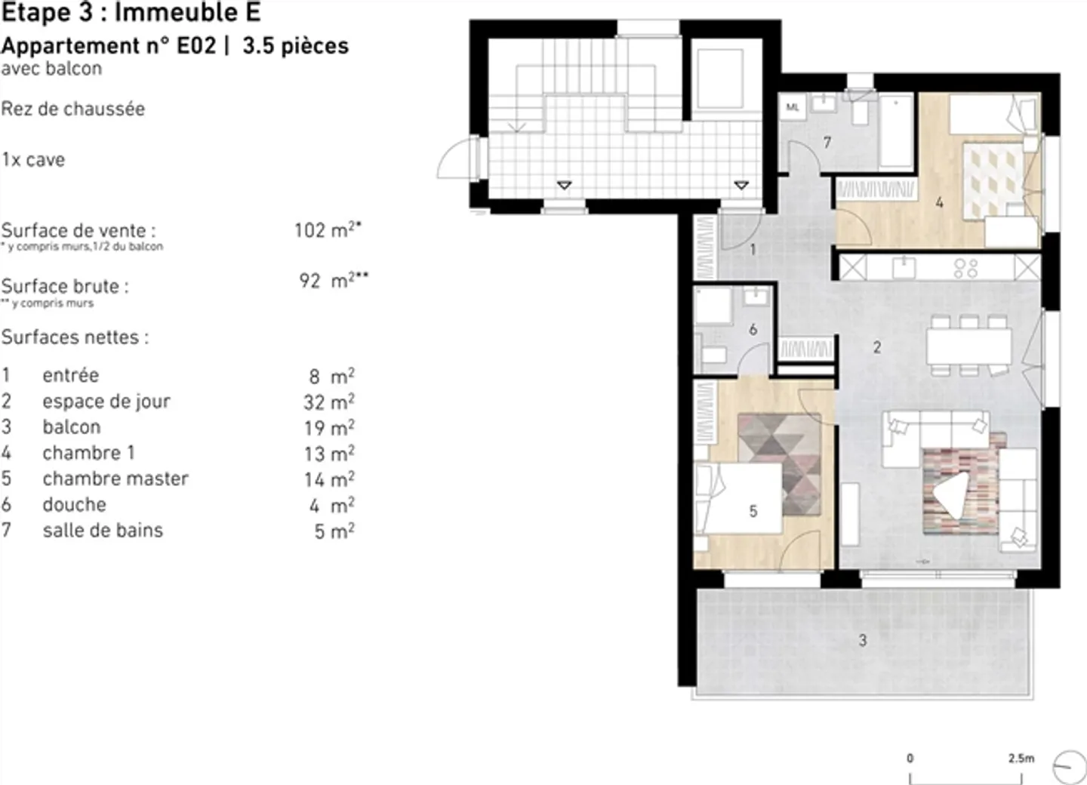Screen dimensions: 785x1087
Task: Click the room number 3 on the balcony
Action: coord(862,641)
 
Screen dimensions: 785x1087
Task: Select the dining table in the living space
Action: coord(969,346)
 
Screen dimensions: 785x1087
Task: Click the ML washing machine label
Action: coord(792,107)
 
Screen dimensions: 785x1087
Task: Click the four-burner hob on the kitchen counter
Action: coord(965,268)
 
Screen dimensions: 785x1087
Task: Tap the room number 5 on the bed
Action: coord(753,511)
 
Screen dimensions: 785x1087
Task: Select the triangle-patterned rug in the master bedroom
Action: coord(778,462)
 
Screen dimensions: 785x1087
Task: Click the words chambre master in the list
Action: coord(115,479)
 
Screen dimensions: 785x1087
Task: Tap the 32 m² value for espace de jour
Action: coord(328,402)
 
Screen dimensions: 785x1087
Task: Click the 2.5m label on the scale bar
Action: coord(1021,758)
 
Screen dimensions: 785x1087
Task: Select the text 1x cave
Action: coord(33,160)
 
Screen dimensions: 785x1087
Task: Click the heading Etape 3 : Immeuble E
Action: coord(131,12)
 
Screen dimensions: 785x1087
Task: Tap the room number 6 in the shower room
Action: coord(753,330)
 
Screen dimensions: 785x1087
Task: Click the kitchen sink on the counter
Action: coord(902,267)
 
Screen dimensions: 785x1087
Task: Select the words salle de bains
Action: coord(103,531)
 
